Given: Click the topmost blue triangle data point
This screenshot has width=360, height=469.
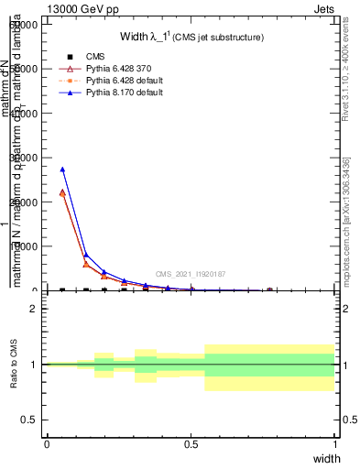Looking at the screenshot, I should click(x=62, y=169).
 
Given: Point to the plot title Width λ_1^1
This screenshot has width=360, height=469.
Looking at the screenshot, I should click(x=191, y=37).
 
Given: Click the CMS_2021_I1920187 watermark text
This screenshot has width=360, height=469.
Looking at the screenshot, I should click(x=191, y=274).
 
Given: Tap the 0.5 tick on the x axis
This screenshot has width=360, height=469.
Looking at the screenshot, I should click(x=191, y=443).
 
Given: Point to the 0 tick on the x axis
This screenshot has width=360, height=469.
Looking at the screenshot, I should click(x=47, y=443).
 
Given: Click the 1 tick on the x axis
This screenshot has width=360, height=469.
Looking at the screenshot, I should click(x=335, y=443).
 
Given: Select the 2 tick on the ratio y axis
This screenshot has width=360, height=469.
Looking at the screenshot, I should click(x=34, y=309).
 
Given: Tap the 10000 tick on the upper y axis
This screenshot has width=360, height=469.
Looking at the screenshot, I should click(x=25, y=246).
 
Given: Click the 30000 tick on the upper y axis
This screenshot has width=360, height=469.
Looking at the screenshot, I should click(x=25, y=158).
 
